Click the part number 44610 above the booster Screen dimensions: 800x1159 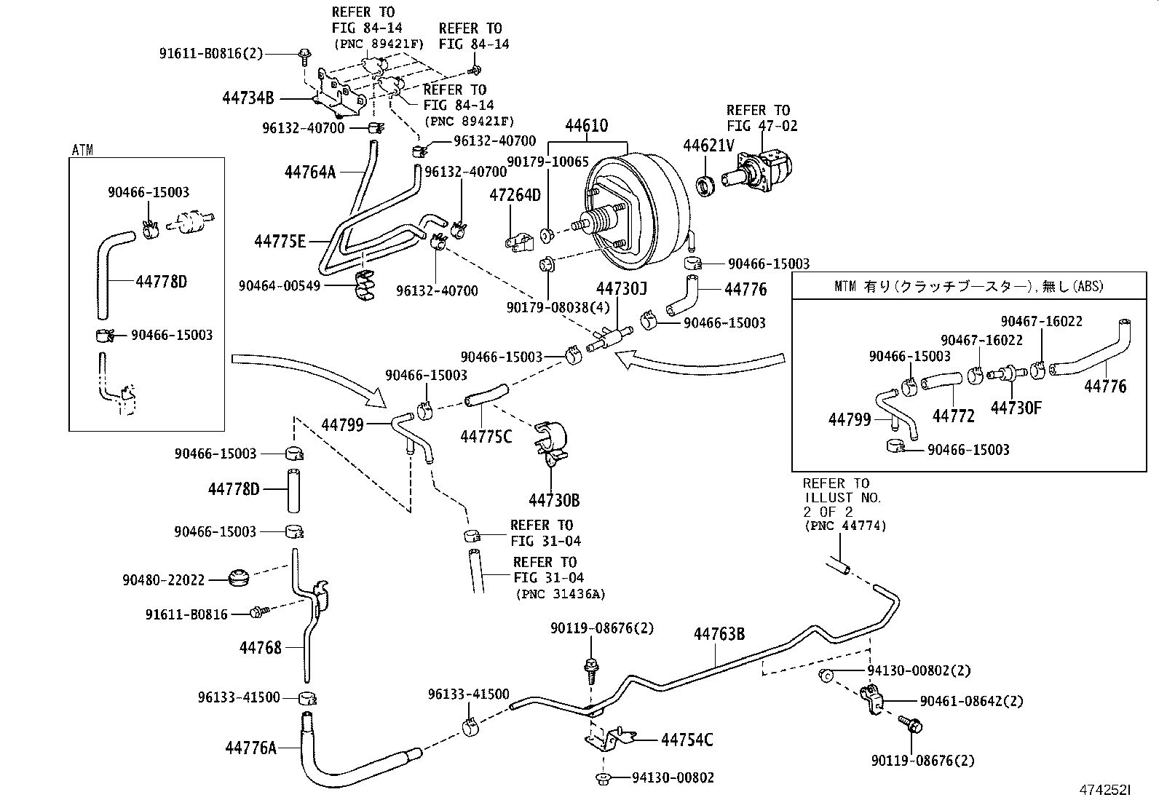click(x=587, y=126)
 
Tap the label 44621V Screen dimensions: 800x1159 click(x=708, y=146)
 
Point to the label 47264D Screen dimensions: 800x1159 click(x=515, y=194)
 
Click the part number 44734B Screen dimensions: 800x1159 click(x=248, y=99)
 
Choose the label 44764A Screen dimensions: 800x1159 click(x=310, y=172)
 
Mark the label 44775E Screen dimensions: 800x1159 click(x=280, y=241)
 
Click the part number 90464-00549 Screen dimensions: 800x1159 click(x=279, y=286)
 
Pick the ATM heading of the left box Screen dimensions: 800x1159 click(x=82, y=150)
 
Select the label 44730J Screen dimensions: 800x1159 click(x=621, y=290)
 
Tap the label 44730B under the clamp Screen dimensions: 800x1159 click(x=554, y=501)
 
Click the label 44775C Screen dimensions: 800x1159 click(x=486, y=437)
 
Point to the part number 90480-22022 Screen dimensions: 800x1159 click(x=164, y=580)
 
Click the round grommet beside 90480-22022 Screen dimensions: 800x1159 click(x=237, y=577)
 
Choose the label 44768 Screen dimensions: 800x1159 click(x=260, y=647)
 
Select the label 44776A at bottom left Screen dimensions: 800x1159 click(x=251, y=747)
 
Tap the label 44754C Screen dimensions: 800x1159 click(x=687, y=740)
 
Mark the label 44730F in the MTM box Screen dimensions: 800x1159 click(x=1016, y=408)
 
